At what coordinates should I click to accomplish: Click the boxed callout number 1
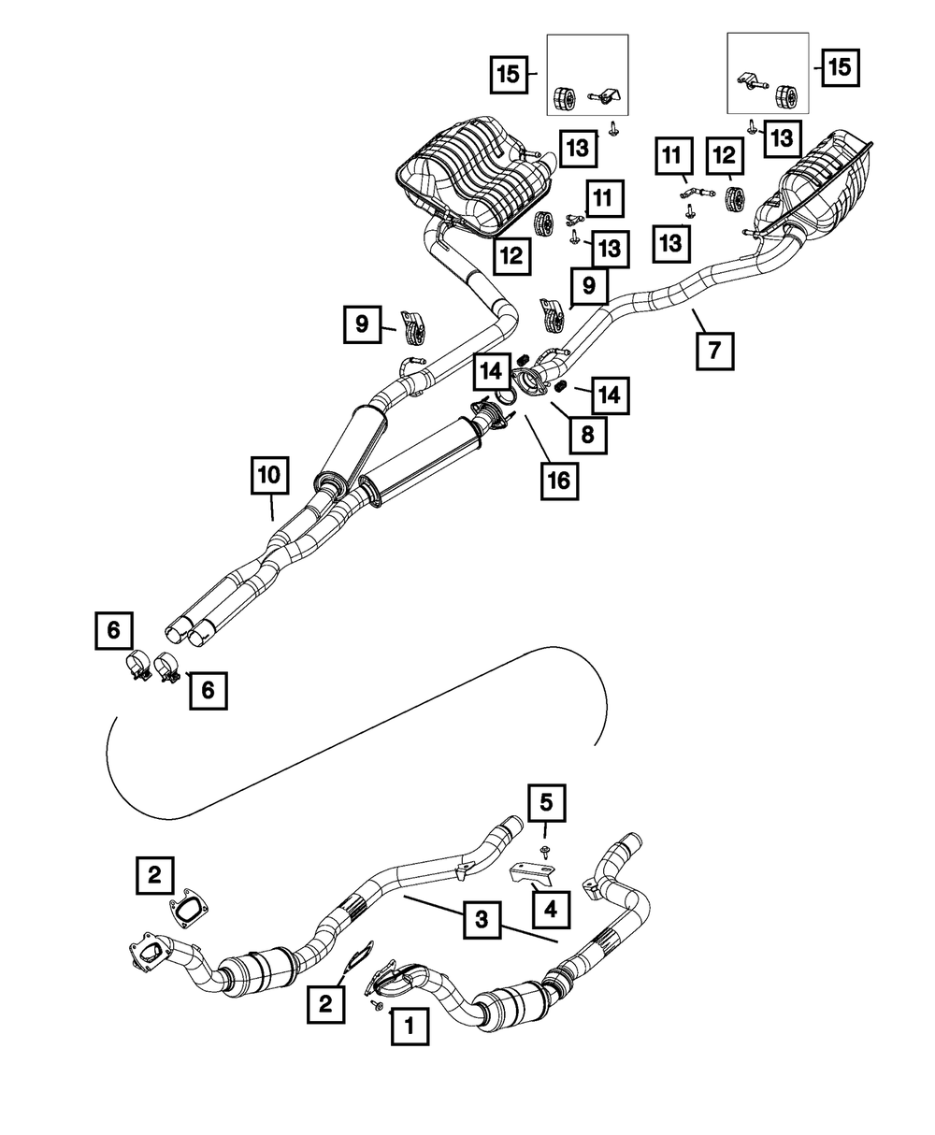point(408,1026)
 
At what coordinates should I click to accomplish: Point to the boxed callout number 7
point(714,351)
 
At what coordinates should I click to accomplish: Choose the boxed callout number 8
point(586,434)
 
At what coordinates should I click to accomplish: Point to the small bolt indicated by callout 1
point(377,1004)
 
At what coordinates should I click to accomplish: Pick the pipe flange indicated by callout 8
point(531,381)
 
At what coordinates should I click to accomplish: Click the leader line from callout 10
point(271,509)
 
